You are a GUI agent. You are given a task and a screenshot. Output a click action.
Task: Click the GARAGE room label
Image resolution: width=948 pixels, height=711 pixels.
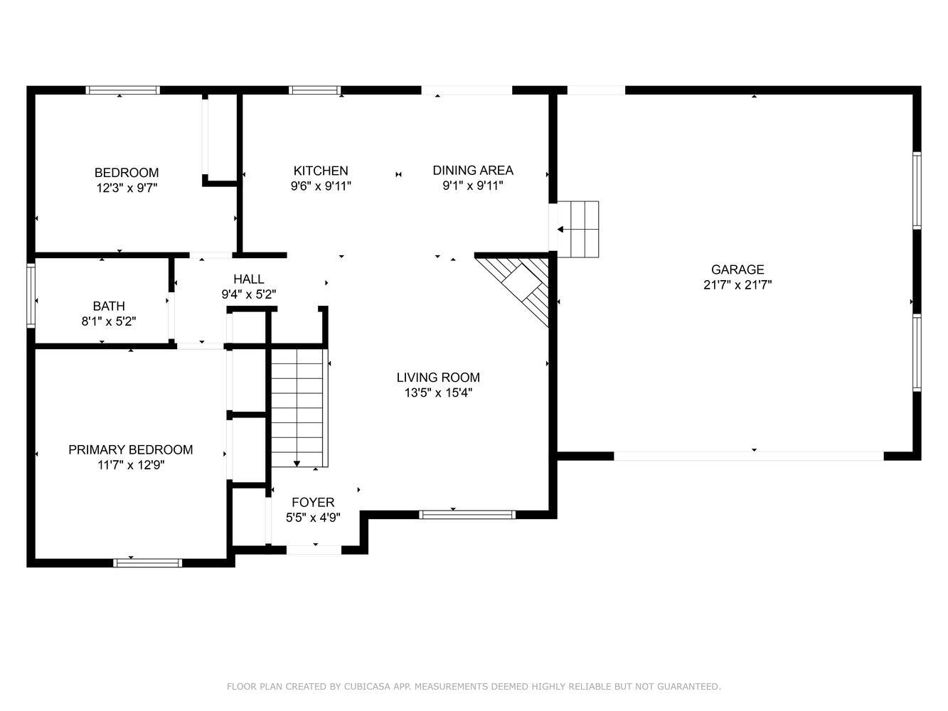737,269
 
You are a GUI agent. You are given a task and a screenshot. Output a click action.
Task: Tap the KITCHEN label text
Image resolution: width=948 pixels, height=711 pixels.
321,171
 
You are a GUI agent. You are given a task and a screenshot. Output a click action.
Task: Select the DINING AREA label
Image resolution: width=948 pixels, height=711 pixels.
473,170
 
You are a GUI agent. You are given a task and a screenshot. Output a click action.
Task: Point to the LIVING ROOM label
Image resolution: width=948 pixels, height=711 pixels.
438,378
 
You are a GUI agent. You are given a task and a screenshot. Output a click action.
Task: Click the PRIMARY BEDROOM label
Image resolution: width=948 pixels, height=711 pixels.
130,449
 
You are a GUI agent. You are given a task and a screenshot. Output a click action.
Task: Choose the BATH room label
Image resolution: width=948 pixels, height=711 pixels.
109,306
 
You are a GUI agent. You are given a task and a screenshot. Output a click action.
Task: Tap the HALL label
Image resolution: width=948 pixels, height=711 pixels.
249,279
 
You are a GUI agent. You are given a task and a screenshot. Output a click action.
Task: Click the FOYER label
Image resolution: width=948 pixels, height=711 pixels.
313,502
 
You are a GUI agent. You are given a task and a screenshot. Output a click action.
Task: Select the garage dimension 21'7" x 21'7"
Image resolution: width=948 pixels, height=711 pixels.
737,285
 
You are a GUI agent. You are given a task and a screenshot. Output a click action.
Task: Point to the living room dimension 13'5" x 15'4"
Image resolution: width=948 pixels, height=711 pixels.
438,393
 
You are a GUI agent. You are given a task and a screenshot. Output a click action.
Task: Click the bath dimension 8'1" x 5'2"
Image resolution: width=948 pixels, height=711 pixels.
109,321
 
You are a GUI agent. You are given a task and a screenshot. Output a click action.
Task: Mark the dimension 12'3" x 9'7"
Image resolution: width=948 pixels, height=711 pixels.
127,188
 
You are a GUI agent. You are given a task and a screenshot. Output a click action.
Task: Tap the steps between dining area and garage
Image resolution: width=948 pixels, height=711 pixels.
578,229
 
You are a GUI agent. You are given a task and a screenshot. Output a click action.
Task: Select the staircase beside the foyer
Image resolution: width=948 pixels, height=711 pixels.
299,407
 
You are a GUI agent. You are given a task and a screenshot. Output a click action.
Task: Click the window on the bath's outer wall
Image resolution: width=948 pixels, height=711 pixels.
31,295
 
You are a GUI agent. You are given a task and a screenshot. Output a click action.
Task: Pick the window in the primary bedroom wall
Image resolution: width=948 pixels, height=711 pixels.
147,562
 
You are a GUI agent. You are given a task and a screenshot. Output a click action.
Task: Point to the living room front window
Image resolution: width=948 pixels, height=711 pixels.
467,515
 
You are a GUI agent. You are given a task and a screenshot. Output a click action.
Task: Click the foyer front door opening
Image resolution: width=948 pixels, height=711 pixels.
314,550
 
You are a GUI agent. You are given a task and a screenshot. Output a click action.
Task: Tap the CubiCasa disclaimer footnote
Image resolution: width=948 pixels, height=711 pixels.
474,686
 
